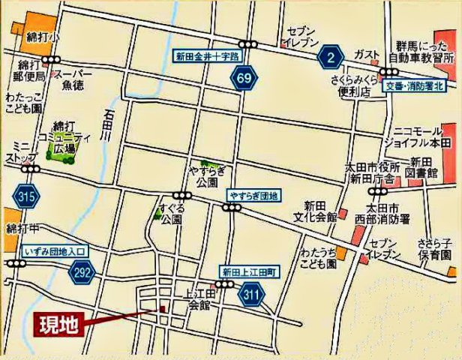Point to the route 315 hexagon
(25, 198)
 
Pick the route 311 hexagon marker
(251, 295)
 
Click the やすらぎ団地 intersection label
(253, 196)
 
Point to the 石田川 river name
(109, 126)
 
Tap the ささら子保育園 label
(439, 249)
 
